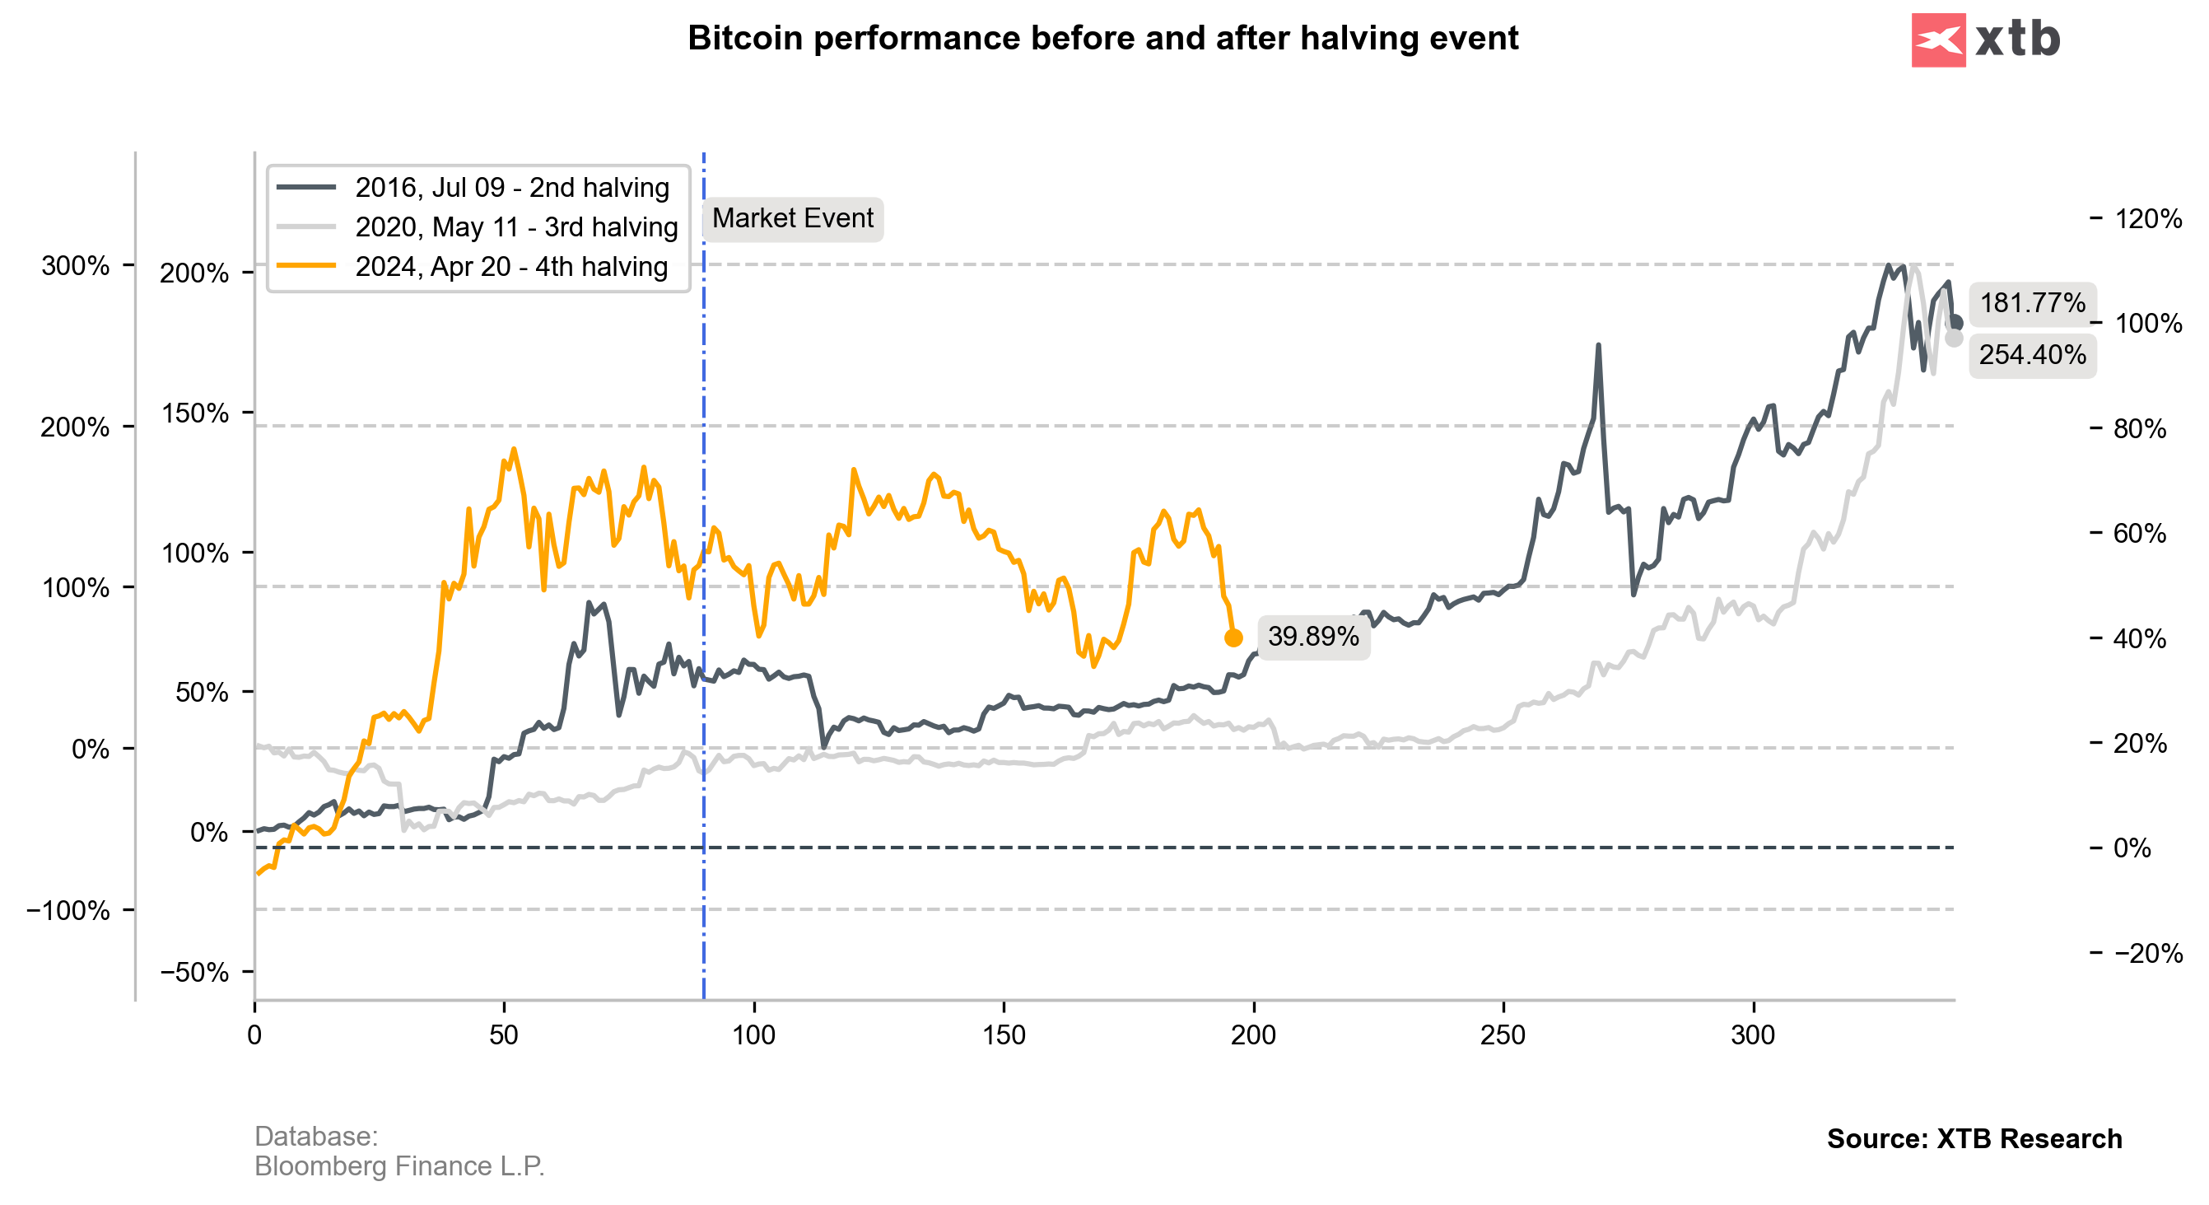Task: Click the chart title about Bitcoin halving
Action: pos(1102,39)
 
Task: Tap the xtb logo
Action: pos(1985,40)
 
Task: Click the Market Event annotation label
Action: pos(792,219)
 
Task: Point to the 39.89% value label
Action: pos(1313,637)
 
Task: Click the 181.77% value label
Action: pos(2031,303)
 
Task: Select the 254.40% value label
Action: pos(2031,354)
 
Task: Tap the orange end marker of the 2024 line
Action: pos(1233,638)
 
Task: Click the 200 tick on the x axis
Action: pos(1253,1035)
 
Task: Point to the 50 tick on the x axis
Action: pos(504,1035)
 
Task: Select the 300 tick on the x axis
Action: pos(1753,1035)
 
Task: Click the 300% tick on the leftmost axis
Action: pos(76,266)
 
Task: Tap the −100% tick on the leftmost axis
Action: pos(68,910)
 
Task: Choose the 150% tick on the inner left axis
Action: pos(194,413)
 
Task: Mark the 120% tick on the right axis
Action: pos(2147,219)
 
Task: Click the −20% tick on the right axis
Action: pos(2147,953)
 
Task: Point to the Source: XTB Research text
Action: pos(1974,1138)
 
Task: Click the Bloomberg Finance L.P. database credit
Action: pos(399,1165)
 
